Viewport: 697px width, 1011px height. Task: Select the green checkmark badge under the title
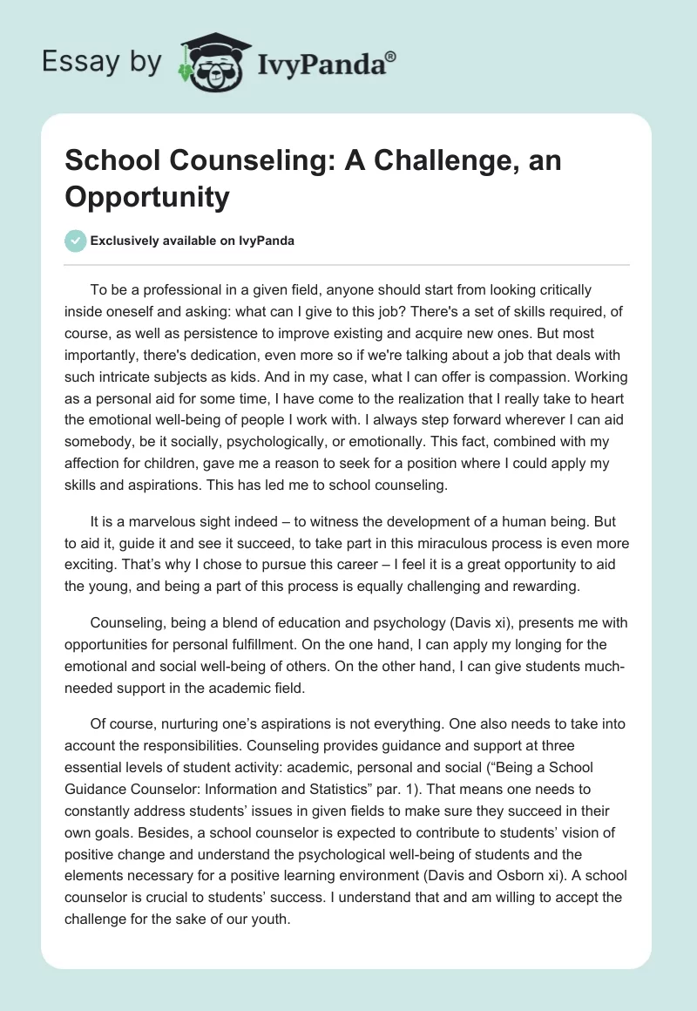coord(75,241)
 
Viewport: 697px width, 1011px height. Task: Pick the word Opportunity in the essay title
coord(146,197)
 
